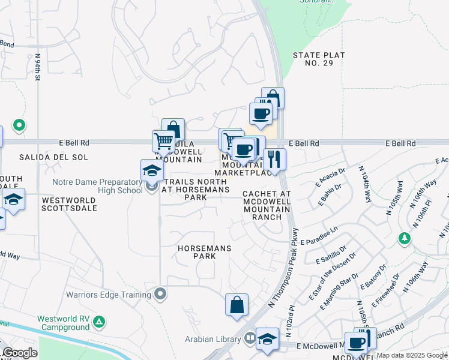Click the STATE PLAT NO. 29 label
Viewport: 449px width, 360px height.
[319, 60]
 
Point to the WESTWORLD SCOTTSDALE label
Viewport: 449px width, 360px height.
[70, 203]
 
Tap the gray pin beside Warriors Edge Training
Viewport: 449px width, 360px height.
[160, 294]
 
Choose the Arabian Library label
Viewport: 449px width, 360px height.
[213, 339]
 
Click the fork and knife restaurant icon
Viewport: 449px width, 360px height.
[274, 160]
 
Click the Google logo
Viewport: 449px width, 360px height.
[20, 353]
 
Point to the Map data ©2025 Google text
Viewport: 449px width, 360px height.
[412, 355]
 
